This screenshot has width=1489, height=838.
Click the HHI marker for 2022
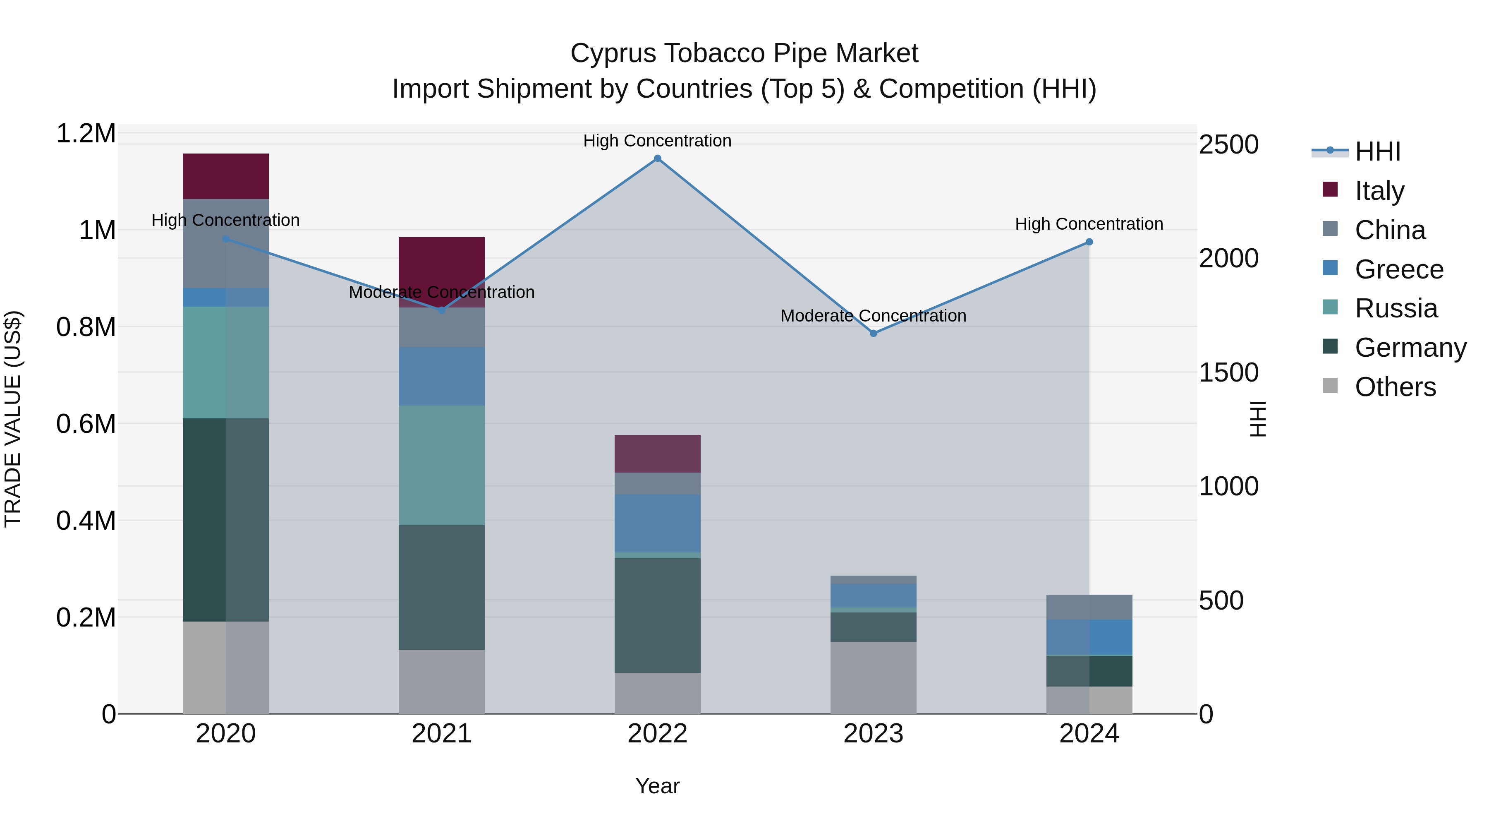(657, 158)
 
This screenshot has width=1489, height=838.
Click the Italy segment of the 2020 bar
(225, 176)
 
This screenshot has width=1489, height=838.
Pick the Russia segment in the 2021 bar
(442, 465)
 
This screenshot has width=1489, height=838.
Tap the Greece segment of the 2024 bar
(1089, 637)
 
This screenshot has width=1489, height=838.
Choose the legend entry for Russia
(1396, 308)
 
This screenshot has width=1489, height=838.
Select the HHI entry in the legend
(1377, 151)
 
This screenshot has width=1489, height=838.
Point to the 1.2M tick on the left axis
(86, 134)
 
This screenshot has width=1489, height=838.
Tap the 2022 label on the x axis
(657, 734)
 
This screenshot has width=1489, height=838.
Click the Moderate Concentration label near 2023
(873, 316)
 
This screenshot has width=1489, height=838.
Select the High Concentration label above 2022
(657, 141)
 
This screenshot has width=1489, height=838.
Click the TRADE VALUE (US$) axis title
(13, 419)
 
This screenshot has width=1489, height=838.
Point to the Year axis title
(657, 786)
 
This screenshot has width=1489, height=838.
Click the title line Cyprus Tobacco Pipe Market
(744, 53)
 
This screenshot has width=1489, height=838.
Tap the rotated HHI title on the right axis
(1258, 419)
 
